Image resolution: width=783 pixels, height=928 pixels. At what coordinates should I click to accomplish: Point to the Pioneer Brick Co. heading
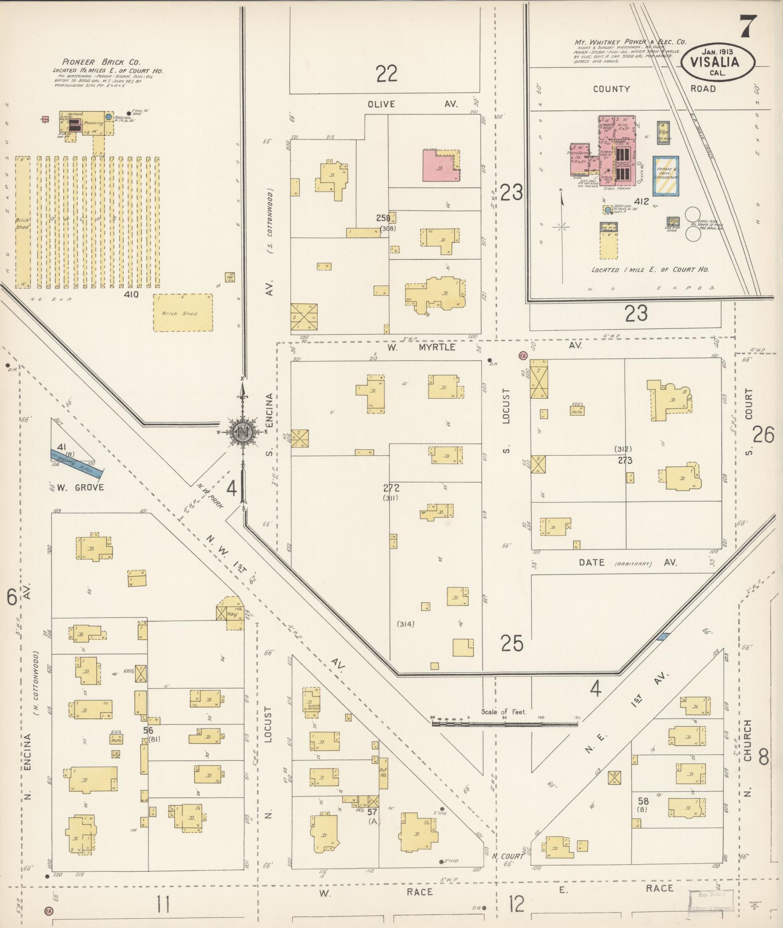click(101, 62)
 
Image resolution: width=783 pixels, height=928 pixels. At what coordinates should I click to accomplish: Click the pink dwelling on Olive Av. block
click(439, 166)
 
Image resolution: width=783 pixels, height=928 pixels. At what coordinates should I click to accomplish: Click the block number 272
click(391, 488)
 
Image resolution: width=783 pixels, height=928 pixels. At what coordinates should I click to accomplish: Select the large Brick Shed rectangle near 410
click(183, 313)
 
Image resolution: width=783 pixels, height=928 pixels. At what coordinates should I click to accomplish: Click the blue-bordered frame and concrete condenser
click(666, 176)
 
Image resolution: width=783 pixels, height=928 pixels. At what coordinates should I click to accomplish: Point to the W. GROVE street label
click(80, 487)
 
